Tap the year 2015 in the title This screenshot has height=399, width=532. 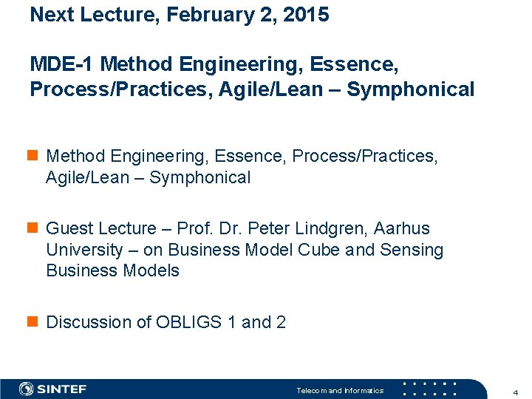pos(306,15)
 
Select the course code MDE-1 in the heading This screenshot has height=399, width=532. pos(62,64)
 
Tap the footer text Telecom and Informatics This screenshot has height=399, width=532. pos(340,390)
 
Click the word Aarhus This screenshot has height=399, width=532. pos(403,229)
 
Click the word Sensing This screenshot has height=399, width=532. pos(412,250)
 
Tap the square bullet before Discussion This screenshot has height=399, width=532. pos(34,322)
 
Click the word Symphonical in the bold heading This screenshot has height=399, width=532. pos(411,89)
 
